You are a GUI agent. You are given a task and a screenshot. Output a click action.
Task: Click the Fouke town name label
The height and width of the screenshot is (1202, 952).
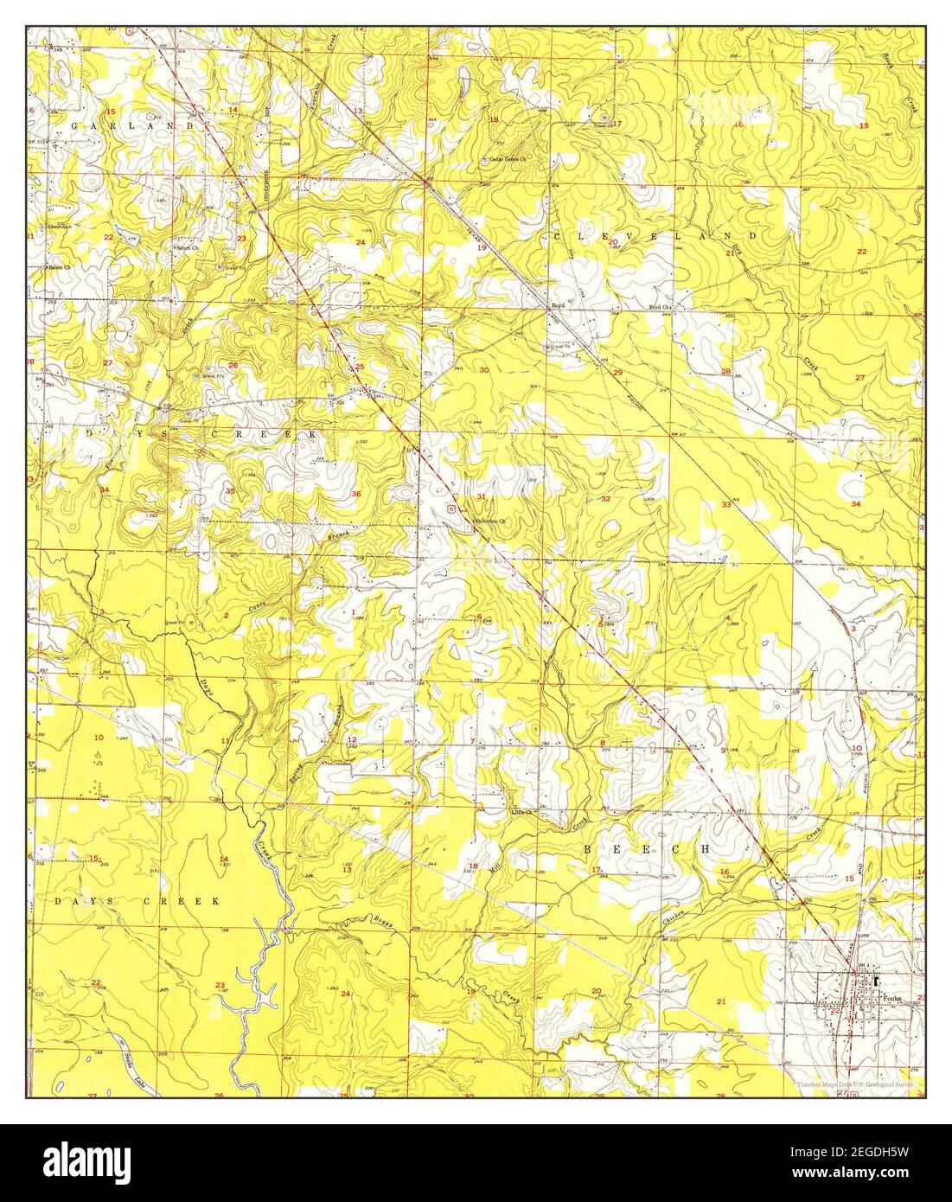click(893, 996)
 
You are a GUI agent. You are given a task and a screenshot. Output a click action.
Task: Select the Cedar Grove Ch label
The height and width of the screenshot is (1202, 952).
click(508, 159)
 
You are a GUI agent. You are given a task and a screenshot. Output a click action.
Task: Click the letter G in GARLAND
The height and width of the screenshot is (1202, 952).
click(74, 126)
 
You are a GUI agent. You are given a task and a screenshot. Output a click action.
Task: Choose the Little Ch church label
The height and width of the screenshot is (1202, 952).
click(522, 812)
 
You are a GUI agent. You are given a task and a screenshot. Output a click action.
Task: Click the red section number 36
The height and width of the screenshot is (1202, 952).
click(356, 494)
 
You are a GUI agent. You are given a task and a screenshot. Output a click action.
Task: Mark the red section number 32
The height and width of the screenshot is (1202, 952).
click(606, 499)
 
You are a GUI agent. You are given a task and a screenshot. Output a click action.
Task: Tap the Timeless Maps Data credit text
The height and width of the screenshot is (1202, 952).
click(851, 1083)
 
